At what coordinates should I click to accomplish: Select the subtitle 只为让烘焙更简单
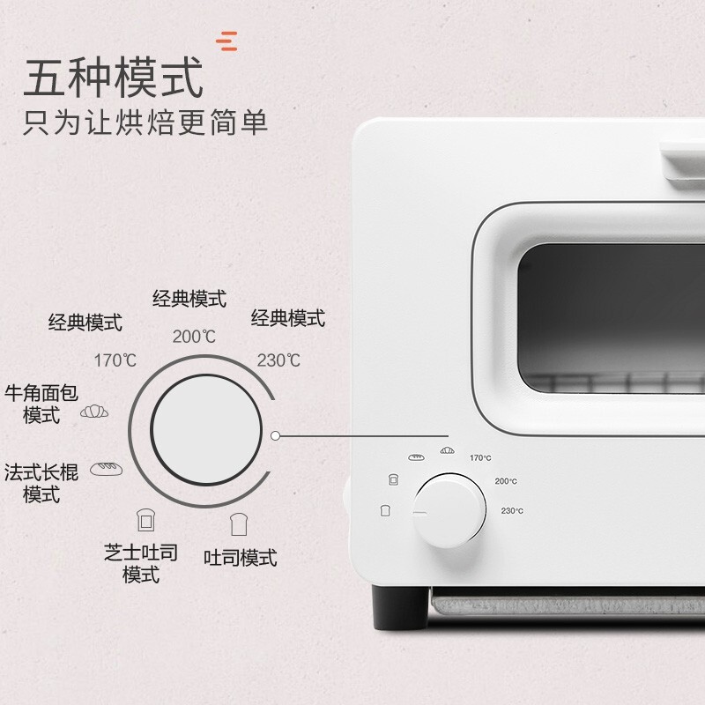coord(145,122)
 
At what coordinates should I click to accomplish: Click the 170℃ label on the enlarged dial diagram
coord(115,360)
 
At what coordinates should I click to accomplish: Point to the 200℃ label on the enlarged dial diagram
coord(194,336)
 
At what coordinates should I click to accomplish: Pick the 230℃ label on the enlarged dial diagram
coord(278,360)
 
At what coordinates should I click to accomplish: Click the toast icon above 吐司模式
coord(236,524)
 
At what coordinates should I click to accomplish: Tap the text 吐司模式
coord(240,558)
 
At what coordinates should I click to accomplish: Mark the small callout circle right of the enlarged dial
coord(277,434)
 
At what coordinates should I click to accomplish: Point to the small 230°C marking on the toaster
coord(512,511)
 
